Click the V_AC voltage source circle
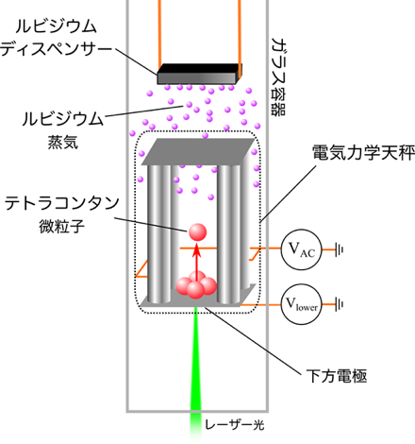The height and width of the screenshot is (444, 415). tap(301, 249)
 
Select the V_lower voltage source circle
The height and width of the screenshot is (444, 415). tap(301, 304)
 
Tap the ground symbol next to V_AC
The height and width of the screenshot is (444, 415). tap(339, 249)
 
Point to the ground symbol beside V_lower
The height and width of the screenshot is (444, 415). tap(339, 304)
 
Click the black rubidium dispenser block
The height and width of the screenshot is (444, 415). tap(199, 75)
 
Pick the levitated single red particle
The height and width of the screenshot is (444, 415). tap(197, 232)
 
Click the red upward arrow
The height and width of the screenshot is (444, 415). tap(197, 262)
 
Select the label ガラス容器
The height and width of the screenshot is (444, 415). tap(278, 77)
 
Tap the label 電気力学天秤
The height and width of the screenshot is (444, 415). tap(363, 153)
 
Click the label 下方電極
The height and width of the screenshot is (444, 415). tap(337, 376)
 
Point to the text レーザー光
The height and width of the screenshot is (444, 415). tap(235, 425)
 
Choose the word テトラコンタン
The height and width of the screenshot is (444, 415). tap(61, 203)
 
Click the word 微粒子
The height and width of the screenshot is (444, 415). tap(61, 226)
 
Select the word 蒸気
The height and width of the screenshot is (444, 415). tap(63, 143)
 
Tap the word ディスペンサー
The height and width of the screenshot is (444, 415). tap(56, 49)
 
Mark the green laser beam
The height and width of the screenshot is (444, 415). tap(195, 371)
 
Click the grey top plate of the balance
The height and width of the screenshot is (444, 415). tap(198, 152)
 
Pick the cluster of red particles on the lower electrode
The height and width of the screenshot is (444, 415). tap(196, 284)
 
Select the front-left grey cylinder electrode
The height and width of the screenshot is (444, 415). tap(159, 233)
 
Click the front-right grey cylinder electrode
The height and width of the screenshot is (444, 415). tap(228, 233)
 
